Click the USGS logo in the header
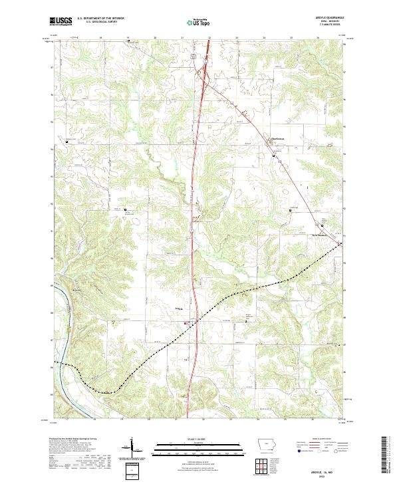[61, 22]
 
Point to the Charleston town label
[267, 138]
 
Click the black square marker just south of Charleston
[275, 156]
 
